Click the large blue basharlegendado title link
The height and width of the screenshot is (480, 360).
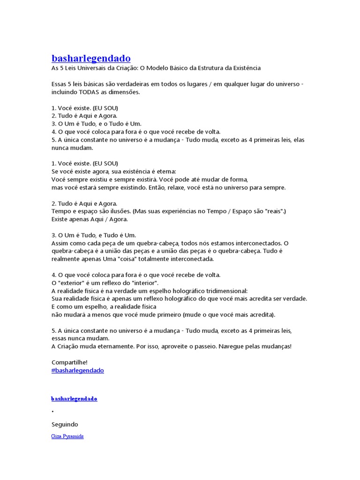coord(91,59)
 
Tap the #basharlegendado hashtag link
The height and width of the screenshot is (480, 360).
coord(77,370)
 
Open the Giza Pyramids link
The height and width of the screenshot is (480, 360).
coord(67,436)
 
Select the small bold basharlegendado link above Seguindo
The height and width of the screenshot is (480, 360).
coord(74,398)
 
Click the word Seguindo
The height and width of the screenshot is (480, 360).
coord(65,424)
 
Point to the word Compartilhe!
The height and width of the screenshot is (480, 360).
coord(69,362)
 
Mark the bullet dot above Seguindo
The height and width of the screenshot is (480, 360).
coord(53,412)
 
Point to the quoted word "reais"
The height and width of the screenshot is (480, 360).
coord(273,211)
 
